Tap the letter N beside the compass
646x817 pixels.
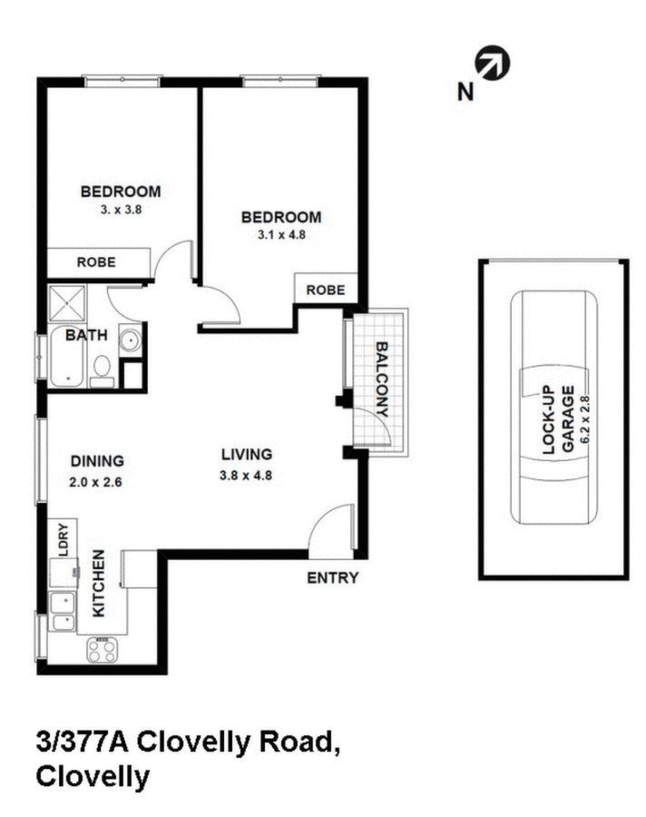coord(465,91)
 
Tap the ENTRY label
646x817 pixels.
coord(333,578)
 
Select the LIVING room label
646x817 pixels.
coord(247,455)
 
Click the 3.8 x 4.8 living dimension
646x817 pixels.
coord(247,475)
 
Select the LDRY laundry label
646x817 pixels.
coord(64,541)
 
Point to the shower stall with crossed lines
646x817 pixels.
coord(65,302)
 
